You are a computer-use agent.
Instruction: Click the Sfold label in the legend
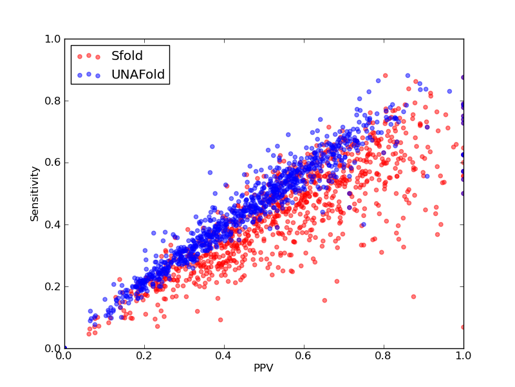pos(127,55)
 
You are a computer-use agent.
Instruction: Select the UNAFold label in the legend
pos(138,74)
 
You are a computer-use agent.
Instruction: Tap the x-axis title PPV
pos(263,368)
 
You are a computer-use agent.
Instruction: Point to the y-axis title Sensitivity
pos(35,194)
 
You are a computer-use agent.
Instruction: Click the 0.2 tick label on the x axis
pos(144,356)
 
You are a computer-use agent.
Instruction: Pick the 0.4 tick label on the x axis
pos(224,356)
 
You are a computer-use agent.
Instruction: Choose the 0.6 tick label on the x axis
pos(304,356)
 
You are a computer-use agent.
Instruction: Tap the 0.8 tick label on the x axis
pos(384,356)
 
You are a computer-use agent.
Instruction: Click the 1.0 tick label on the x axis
pos(464,356)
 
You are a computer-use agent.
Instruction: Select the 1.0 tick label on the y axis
pos(53,39)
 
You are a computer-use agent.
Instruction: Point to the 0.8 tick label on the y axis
pos(53,101)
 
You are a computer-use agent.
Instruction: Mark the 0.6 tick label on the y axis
pos(53,163)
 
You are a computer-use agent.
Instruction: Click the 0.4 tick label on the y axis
pos(53,224)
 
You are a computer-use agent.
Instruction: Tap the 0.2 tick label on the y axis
pos(53,286)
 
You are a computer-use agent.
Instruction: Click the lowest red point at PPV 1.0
pos(463,327)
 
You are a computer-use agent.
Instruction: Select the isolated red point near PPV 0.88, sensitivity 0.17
pos(413,297)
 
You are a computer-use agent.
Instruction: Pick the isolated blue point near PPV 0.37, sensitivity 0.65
pos(212,146)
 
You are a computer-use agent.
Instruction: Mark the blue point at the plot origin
pos(65,348)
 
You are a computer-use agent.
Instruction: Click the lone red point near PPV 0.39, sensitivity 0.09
pos(220,319)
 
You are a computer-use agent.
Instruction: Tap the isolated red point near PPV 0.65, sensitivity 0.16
pos(324,300)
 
